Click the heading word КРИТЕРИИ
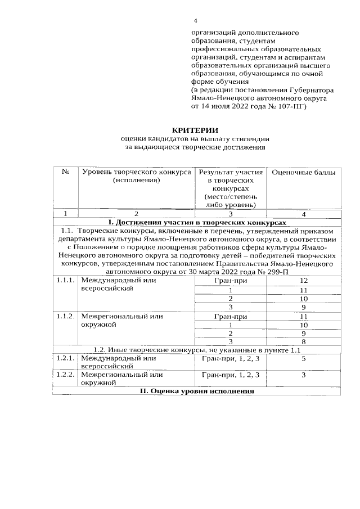194,130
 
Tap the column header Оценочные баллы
304,173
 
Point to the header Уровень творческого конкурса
136,173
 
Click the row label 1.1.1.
65,280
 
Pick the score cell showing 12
304,280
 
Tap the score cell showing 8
304,341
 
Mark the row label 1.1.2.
65,317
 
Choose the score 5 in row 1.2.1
304,358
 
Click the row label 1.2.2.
65,374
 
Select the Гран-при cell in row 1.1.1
230,280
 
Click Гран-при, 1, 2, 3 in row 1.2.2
230,374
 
